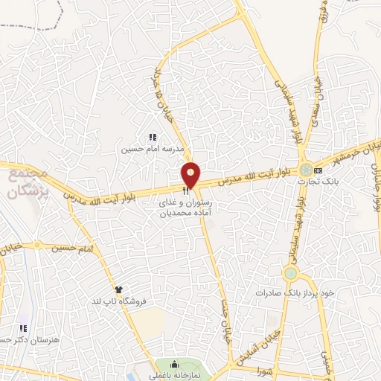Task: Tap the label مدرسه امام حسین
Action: click(153, 149)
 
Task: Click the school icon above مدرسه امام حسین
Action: click(153, 138)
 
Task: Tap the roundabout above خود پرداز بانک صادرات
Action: click(290, 274)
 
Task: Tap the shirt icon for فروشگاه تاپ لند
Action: click(118, 289)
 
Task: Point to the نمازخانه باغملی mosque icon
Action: click(174, 364)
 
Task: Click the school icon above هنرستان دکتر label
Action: click(24, 328)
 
